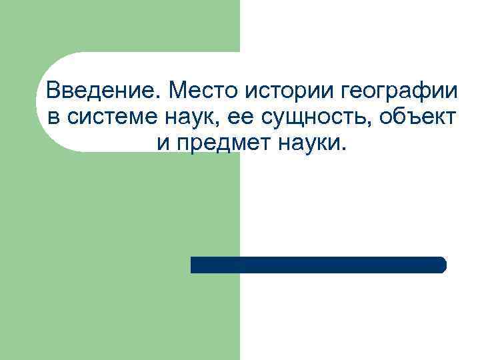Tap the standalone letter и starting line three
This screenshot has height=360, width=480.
164,143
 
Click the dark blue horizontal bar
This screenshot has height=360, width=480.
318,265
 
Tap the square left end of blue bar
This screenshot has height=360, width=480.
194,265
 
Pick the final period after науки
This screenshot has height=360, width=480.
344,149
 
